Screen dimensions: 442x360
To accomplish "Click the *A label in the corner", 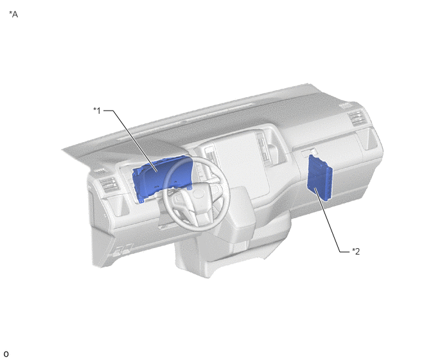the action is click(x=13, y=14).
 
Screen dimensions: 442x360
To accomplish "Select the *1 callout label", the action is click(x=97, y=111).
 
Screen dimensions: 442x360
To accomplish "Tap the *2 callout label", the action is click(x=356, y=251).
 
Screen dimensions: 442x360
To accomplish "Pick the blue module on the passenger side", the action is click(x=320, y=177).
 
